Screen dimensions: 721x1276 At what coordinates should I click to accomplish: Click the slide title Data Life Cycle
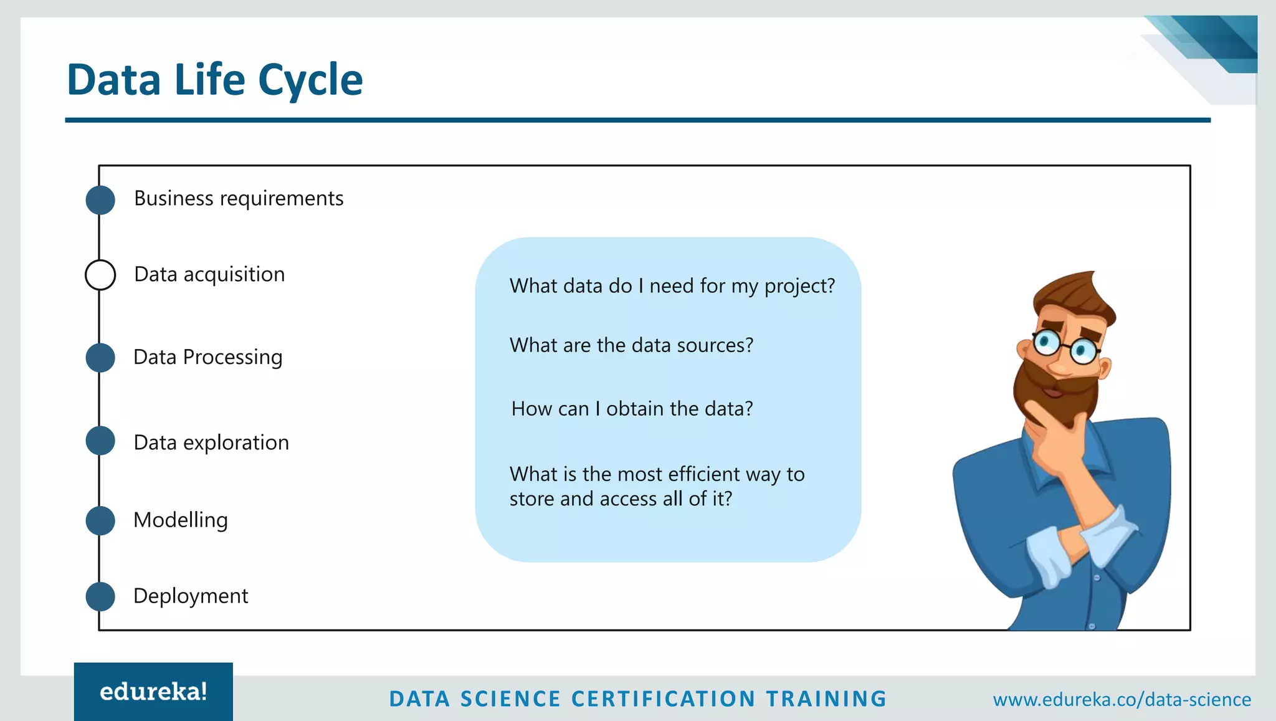[214, 80]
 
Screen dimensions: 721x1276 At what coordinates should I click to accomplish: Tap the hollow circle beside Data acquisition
[100, 275]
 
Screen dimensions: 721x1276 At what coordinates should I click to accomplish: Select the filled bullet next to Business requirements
[100, 200]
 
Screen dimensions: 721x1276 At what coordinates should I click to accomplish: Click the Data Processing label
[207, 357]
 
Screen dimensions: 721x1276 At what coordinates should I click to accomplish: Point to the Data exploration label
[211, 442]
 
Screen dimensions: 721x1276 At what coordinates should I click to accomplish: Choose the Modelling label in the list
[181, 520]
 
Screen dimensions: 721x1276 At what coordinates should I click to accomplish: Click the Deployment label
[191, 596]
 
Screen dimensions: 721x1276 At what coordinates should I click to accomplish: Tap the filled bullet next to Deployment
[100, 596]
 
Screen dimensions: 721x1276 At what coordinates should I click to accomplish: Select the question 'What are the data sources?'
[631, 345]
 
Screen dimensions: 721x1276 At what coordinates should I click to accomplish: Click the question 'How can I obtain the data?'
[632, 409]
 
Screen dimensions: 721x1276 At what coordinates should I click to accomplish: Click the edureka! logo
[153, 692]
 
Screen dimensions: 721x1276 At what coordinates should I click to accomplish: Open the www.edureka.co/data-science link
[1121, 699]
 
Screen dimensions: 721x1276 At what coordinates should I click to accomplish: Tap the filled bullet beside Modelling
[100, 520]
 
